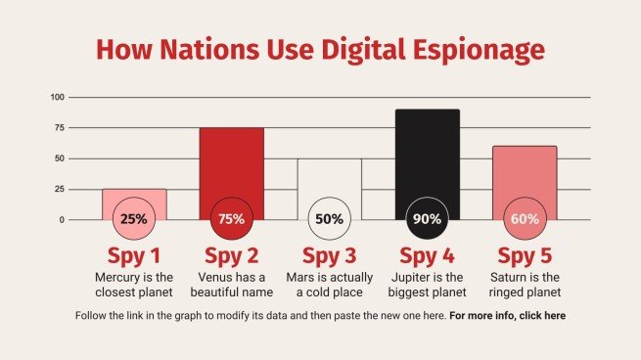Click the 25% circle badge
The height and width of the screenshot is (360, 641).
[134, 219]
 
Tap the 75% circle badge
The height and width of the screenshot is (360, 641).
[232, 219]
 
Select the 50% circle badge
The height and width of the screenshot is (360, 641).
[330, 219]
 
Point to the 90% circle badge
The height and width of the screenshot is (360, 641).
[428, 219]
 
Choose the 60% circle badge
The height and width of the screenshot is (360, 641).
[526, 219]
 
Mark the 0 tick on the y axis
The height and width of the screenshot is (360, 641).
[62, 219]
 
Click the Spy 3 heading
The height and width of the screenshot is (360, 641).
[330, 256]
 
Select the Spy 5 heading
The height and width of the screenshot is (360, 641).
[526, 256]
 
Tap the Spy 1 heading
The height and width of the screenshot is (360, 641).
[134, 256]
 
